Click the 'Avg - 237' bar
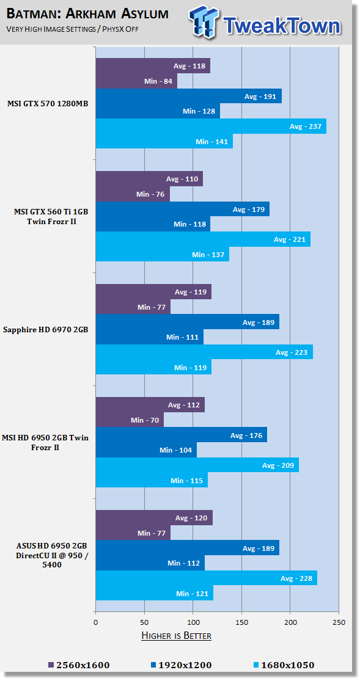click(x=211, y=126)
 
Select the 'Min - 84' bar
click(x=136, y=81)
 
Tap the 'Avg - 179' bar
click(x=183, y=209)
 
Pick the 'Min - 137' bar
click(x=162, y=254)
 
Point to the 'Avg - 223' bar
click(x=204, y=352)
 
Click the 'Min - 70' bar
click(x=130, y=420)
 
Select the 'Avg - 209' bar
click(x=197, y=465)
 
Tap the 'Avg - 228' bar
click(x=207, y=578)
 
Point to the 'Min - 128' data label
click(x=199, y=111)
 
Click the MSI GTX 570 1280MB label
click(x=48, y=103)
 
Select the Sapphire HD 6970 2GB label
click(x=46, y=330)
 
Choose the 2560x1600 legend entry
click(x=79, y=665)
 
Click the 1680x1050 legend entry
click(x=284, y=665)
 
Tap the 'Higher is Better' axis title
click(x=177, y=636)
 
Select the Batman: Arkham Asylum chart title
click(x=87, y=14)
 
